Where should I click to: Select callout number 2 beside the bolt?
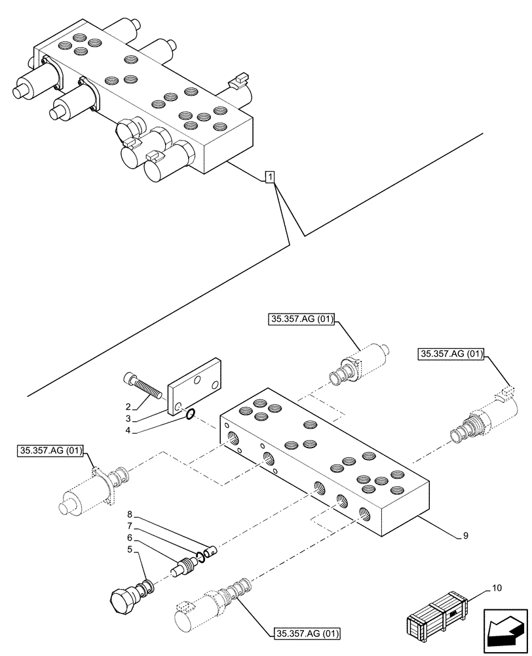point(129,406)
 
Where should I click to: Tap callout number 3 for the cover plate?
point(129,419)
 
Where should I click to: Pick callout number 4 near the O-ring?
point(129,431)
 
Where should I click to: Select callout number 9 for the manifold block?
point(465,536)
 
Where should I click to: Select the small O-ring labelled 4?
point(189,413)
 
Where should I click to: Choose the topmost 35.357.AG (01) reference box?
point(301,319)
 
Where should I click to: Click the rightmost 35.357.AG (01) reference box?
point(451,354)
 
